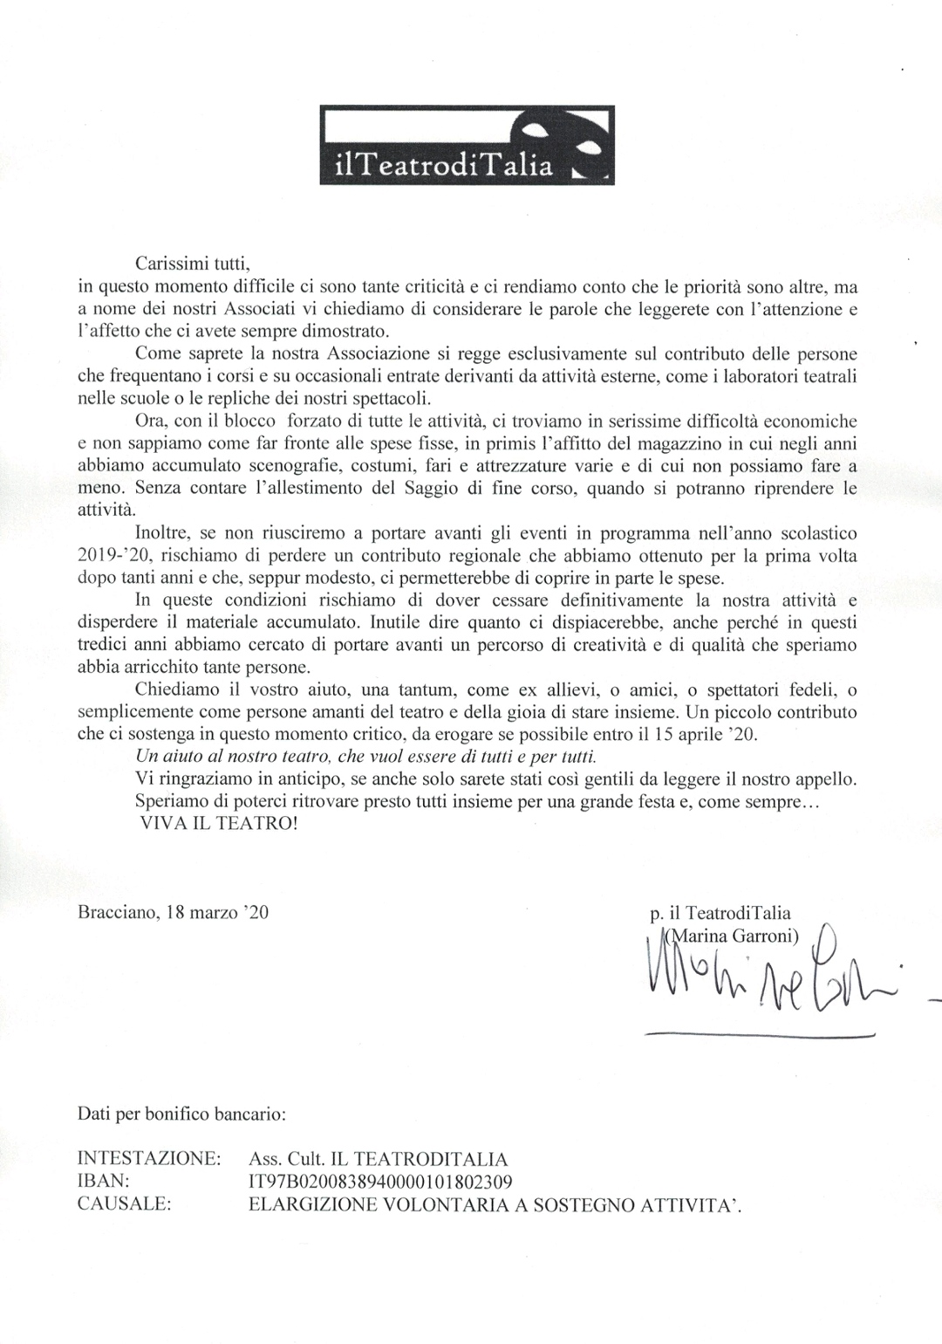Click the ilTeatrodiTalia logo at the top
click(467, 145)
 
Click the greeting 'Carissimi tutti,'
click(193, 263)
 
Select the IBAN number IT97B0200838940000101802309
click(380, 1183)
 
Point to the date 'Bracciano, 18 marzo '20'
click(173, 914)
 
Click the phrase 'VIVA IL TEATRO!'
click(218, 824)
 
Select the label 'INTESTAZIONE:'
click(148, 1160)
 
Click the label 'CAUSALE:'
click(124, 1205)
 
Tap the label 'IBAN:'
click(105, 1183)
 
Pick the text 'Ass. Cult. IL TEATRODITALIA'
click(378, 1160)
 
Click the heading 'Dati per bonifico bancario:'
click(181, 1114)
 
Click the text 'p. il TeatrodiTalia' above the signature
click(720, 915)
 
